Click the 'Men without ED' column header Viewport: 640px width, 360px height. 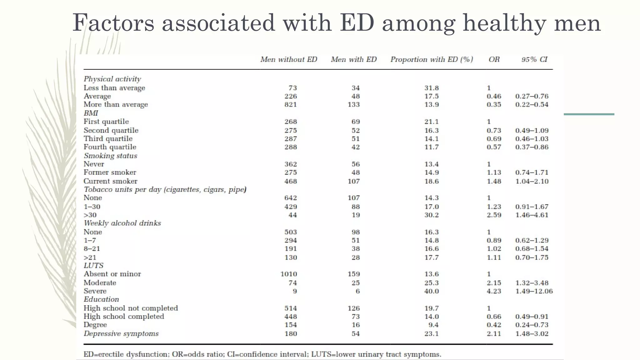click(x=289, y=59)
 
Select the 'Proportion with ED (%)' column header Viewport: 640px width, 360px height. click(x=432, y=59)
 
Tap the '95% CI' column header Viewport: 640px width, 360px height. click(x=534, y=59)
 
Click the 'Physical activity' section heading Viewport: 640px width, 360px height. click(x=112, y=79)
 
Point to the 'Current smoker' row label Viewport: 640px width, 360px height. click(x=110, y=181)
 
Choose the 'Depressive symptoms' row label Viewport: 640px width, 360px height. click(x=121, y=334)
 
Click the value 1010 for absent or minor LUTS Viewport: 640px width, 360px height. click(x=289, y=274)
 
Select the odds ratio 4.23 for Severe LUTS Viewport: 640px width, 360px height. click(x=494, y=291)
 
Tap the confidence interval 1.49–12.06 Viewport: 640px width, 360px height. click(x=534, y=291)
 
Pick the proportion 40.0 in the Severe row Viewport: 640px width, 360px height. click(x=432, y=291)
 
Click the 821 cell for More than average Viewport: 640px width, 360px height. click(x=291, y=105)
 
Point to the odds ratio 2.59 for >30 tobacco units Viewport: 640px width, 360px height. click(x=494, y=215)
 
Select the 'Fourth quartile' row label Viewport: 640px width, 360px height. click(x=110, y=147)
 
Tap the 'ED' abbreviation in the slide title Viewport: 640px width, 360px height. click(x=357, y=23)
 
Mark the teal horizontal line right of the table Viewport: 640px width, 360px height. click(x=589, y=114)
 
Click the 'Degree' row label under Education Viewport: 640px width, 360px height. click(x=95, y=325)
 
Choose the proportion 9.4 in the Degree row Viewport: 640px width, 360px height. click(x=433, y=325)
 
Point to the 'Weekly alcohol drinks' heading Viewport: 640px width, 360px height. click(x=122, y=223)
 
